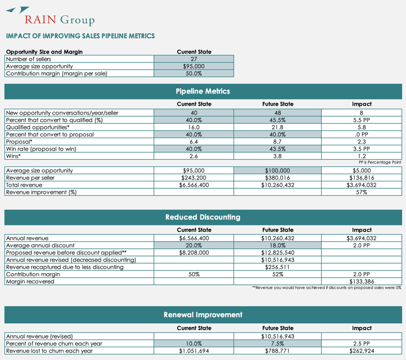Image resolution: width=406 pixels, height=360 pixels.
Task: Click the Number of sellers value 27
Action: coord(193,59)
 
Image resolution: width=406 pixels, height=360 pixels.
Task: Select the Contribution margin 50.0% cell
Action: coord(193,73)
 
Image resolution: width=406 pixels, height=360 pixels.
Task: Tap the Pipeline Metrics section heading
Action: coord(202,91)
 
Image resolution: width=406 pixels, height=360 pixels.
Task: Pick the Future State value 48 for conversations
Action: coord(278,113)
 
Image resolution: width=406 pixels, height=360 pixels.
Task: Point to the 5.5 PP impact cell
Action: coord(362,120)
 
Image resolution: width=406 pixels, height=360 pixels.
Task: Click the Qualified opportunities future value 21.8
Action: coord(278,127)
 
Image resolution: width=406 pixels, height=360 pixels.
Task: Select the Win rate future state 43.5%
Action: coord(278,149)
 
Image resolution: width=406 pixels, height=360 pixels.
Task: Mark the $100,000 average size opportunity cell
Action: coord(278,171)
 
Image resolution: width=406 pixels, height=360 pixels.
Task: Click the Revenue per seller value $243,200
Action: coord(193,178)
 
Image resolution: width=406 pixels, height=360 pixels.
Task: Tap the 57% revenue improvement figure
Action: coord(362,192)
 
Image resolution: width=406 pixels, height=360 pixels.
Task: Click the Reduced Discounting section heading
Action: coord(202,217)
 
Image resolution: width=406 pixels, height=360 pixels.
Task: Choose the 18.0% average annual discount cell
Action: coord(278,245)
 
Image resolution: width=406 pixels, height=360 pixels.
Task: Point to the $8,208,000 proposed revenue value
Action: coord(193,252)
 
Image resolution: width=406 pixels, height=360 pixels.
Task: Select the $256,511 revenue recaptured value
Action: coord(278,267)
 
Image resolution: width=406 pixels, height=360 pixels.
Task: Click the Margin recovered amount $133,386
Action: coord(362,281)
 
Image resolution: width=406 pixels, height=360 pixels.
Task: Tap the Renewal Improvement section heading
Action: coord(202,315)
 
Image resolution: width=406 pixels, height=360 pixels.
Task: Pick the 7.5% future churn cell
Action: coord(278,343)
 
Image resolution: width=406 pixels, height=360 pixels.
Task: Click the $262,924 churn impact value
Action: coord(362,350)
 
